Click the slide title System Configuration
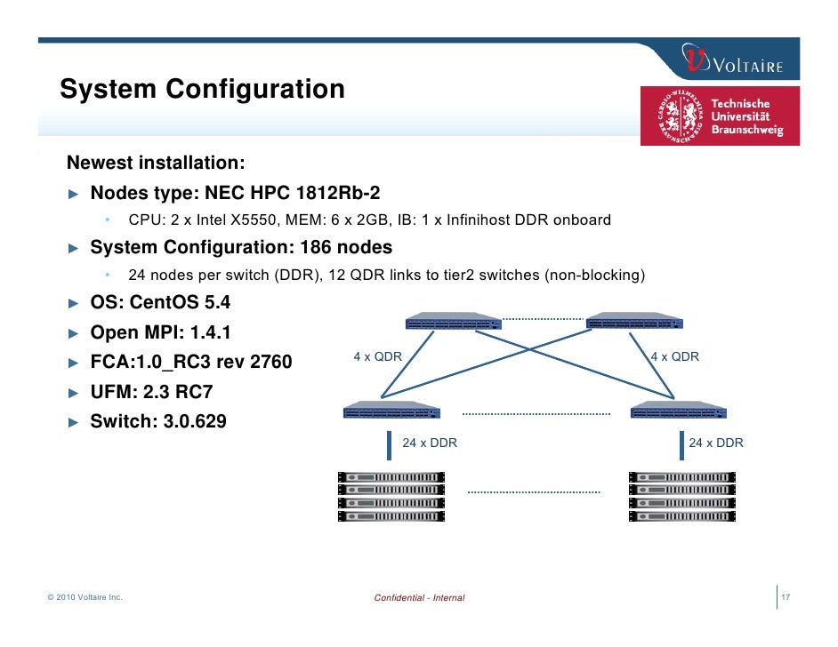(202, 90)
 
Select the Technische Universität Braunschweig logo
(720, 116)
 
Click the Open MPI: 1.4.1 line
(160, 332)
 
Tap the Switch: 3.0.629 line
(157, 421)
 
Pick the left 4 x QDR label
(377, 357)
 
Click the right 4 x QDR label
(675, 357)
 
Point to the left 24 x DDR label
(430, 443)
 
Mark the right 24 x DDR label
(716, 443)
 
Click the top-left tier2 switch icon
(453, 322)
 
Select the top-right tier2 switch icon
(633, 322)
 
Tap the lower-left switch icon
(391, 410)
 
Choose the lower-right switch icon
(678, 410)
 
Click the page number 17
(786, 597)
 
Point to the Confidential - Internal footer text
(419, 598)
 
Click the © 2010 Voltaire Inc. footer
(85, 597)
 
